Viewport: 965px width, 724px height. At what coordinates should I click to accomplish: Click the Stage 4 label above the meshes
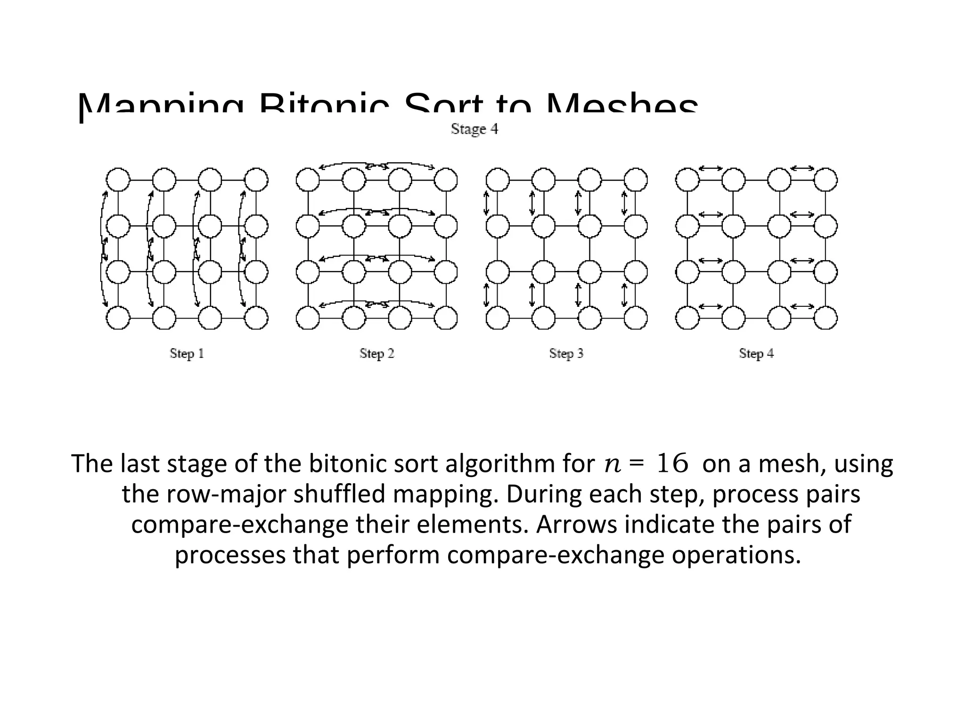click(x=474, y=129)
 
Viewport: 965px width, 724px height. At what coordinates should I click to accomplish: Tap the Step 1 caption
click(x=187, y=353)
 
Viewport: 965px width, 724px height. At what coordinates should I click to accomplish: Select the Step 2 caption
click(x=376, y=353)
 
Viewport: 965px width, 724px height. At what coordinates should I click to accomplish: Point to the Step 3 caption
click(x=566, y=353)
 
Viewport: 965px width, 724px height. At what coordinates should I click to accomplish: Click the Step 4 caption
click(x=756, y=353)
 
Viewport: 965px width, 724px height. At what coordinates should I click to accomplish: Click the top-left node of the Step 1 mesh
click(x=118, y=180)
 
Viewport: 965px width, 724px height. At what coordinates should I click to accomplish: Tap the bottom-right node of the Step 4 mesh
click(x=826, y=318)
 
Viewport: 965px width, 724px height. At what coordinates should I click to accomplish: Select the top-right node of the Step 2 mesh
click(x=446, y=180)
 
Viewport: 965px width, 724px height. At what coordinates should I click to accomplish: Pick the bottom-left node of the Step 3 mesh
click(x=498, y=318)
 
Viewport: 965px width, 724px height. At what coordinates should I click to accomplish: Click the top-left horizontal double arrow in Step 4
click(x=710, y=168)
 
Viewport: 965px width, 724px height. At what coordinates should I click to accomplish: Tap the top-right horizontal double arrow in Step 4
click(x=802, y=168)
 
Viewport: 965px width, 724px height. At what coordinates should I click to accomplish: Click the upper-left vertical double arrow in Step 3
click(x=487, y=203)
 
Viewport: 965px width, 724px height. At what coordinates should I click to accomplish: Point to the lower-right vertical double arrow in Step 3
click(x=625, y=295)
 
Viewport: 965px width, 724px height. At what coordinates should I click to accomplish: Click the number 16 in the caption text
click(x=672, y=464)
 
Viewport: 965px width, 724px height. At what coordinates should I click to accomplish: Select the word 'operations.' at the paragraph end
click(x=736, y=555)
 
